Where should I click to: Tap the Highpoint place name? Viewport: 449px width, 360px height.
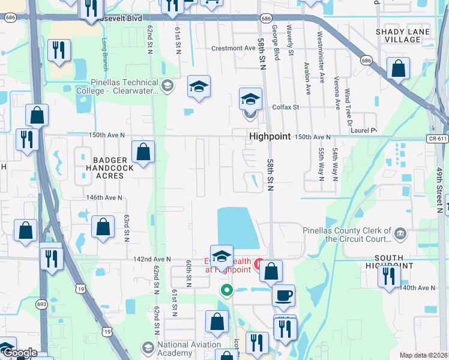[x=270, y=137]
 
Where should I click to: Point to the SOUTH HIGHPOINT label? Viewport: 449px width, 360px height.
[x=389, y=261]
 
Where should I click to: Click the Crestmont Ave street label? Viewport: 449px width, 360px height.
[x=234, y=48]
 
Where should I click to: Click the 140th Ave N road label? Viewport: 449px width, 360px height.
[x=417, y=288]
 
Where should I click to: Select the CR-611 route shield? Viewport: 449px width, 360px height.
[x=438, y=139]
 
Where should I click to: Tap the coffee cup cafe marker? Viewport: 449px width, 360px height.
[x=283, y=295]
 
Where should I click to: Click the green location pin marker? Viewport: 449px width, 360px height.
[x=226, y=291]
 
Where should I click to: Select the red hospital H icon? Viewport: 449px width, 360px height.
[x=261, y=263]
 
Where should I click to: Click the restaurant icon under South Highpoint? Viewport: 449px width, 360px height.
[x=389, y=276]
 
